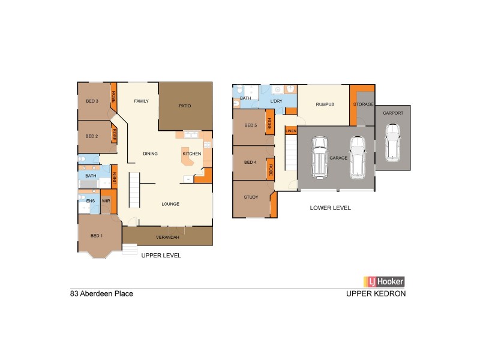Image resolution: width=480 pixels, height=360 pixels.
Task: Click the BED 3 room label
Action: pos(92,101)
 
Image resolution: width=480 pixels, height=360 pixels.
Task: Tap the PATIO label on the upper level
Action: pos(185,106)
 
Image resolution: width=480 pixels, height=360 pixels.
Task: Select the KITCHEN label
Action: pos(191,154)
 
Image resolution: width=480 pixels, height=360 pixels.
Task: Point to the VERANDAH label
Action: pos(167,238)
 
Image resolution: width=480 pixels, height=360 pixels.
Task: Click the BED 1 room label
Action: pos(97,235)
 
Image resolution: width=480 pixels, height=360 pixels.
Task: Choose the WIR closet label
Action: pos(104,201)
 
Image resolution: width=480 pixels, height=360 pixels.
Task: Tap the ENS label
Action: pos(91,201)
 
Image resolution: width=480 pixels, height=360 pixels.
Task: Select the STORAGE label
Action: pos(363,104)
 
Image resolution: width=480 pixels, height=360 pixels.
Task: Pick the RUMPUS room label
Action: pos(325,104)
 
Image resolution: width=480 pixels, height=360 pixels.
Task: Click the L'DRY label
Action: pos(276,101)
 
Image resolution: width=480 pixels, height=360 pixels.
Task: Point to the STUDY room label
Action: pos(251,197)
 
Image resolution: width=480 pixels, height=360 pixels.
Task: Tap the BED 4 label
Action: pos(250,163)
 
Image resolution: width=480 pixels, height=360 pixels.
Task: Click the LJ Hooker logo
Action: pos(384,281)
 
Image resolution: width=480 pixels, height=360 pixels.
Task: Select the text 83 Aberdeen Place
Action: pos(101,294)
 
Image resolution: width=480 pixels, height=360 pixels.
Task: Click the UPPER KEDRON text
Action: pos(376,294)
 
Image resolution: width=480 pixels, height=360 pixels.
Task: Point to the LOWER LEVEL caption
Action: pos(330,208)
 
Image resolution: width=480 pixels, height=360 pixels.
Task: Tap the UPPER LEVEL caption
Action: pos(161,255)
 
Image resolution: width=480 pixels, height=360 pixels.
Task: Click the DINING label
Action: pos(150,154)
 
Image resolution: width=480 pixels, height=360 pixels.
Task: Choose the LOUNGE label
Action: pos(170,204)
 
